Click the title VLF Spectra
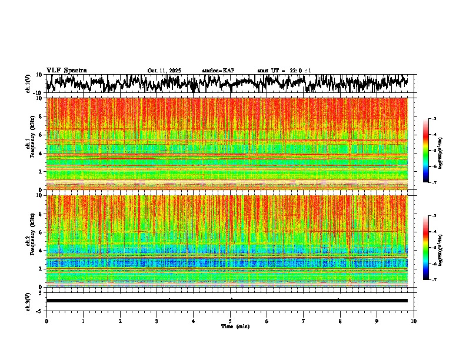click(66, 70)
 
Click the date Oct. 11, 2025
click(164, 71)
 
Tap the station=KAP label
click(218, 71)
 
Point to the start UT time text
click(284, 71)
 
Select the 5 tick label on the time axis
click(230, 321)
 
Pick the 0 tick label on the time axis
click(46, 321)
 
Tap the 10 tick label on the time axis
click(414, 321)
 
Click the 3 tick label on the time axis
click(157, 321)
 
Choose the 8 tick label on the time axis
click(340, 321)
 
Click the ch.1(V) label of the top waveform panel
click(28, 84)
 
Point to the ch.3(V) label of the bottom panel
click(28, 300)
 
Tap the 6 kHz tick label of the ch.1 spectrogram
click(41, 135)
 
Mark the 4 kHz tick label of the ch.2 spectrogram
click(41, 251)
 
